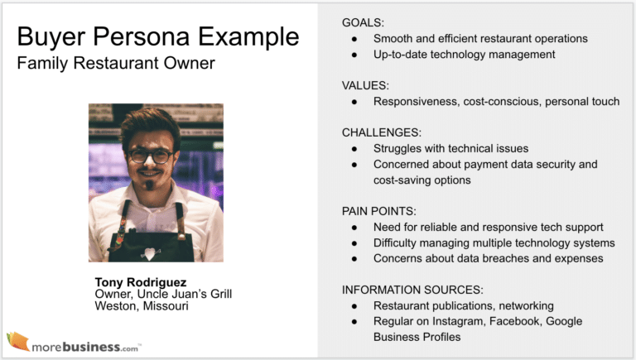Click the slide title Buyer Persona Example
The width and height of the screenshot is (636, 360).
(x=158, y=37)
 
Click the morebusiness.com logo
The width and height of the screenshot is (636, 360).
(x=75, y=342)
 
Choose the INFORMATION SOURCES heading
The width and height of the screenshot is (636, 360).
(x=411, y=289)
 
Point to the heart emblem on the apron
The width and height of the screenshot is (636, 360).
(x=150, y=252)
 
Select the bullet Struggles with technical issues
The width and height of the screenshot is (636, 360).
(x=450, y=148)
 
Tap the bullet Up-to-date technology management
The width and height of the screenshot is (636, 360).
(x=464, y=54)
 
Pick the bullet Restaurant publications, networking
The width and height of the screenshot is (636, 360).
(x=463, y=305)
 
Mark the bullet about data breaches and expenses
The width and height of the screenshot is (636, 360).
(x=488, y=258)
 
